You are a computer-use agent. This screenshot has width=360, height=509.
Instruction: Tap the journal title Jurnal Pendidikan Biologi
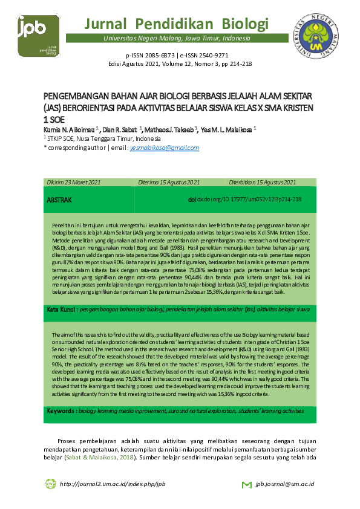pyautogui.click(x=176, y=24)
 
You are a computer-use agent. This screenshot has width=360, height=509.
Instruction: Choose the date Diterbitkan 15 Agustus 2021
pyautogui.click(x=262, y=182)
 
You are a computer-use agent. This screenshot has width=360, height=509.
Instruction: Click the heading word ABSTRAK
pyautogui.click(x=59, y=199)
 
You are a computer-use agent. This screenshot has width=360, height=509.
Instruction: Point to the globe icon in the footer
pyautogui.click(x=50, y=484)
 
